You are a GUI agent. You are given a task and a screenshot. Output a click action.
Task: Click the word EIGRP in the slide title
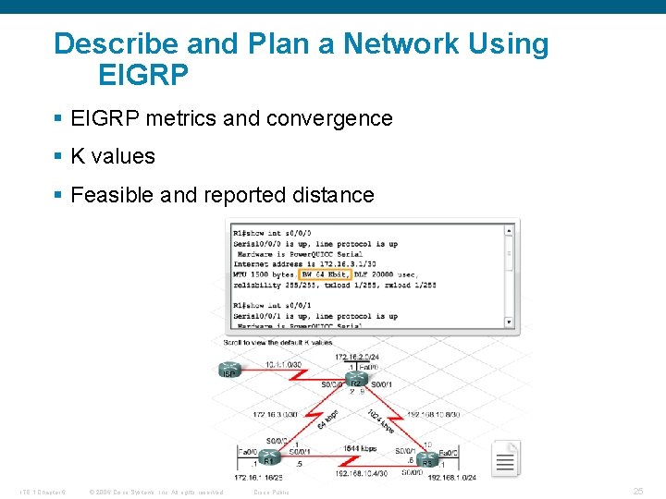141,73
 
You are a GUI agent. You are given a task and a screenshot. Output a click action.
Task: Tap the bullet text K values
113,157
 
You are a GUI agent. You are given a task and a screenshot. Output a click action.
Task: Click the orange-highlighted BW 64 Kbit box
325,274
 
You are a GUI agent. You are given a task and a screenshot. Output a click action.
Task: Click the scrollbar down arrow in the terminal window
509,322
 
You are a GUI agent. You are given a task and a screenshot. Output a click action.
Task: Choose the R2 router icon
356,380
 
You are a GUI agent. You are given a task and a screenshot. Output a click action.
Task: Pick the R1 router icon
269,456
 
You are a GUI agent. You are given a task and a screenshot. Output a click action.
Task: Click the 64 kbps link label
327,419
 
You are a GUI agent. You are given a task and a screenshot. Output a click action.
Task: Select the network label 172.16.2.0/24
358,357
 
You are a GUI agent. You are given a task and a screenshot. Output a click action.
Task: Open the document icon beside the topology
506,458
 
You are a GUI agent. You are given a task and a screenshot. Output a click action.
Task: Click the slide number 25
637,492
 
